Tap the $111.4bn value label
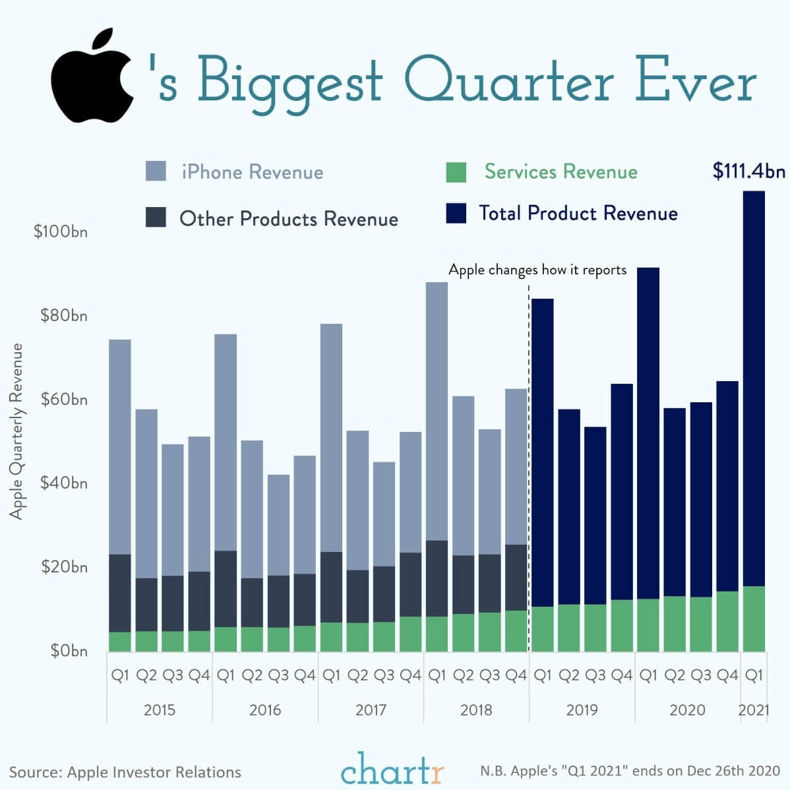coord(748,171)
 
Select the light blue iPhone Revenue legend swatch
coord(156,171)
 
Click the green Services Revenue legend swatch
coord(456,172)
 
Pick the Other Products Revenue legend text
coord(289,219)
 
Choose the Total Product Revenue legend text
coord(578,213)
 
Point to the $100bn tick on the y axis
coord(61,232)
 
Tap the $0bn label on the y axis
coord(69,651)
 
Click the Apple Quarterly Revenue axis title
coord(16,431)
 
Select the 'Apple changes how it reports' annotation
coord(537,270)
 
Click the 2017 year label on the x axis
coord(371,710)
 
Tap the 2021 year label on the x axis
coord(754,710)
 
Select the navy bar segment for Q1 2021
coord(754,389)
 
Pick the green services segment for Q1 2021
coord(754,619)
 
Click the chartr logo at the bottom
coord(392,769)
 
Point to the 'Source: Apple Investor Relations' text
coord(125,772)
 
